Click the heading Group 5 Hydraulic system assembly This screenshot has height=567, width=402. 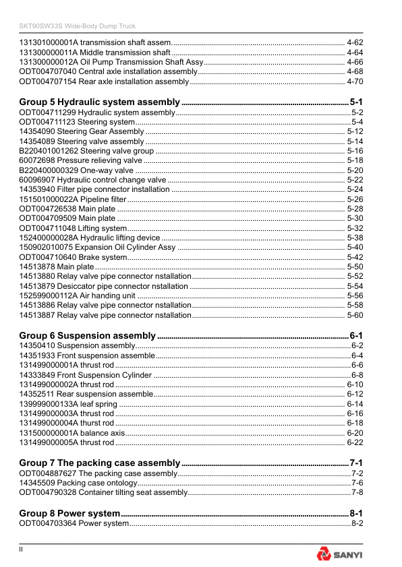99,102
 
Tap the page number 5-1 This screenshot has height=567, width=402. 357,102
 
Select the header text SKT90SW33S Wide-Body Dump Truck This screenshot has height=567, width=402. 77,26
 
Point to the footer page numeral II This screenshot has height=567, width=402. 22,550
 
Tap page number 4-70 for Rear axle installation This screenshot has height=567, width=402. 355,81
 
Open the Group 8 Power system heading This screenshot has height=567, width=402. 69,513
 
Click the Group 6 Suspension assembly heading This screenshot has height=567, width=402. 87,335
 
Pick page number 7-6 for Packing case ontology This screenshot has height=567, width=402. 357,483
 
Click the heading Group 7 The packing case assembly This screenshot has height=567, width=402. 100,463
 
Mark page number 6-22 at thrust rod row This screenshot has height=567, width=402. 355,442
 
